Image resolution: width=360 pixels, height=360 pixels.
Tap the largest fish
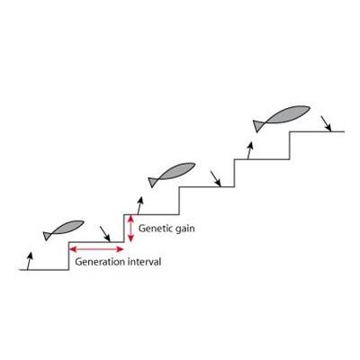[282, 118]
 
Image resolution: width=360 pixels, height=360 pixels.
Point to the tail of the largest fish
[257, 126]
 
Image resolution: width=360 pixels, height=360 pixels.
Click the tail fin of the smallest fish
[47, 236]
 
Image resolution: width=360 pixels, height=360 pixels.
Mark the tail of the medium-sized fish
[153, 182]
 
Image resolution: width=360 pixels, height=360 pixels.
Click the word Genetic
[156, 229]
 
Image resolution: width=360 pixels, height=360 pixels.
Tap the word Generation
[100, 262]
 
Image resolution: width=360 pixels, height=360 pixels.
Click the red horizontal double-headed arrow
[96, 249]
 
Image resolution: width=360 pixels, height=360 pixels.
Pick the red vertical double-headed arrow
[130, 229]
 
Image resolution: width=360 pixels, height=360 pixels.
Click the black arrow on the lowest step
[29, 261]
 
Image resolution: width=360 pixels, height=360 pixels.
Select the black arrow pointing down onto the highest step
[326, 123]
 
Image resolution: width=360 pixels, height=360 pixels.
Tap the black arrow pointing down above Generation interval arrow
[105, 234]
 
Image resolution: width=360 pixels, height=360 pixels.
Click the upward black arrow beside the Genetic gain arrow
[139, 205]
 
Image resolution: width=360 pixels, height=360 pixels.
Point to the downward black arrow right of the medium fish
[216, 179]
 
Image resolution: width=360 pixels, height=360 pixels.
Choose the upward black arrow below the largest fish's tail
[250, 150]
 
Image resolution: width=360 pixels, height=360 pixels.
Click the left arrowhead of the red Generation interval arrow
[73, 249]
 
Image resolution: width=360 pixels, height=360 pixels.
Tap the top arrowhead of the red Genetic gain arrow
[130, 219]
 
